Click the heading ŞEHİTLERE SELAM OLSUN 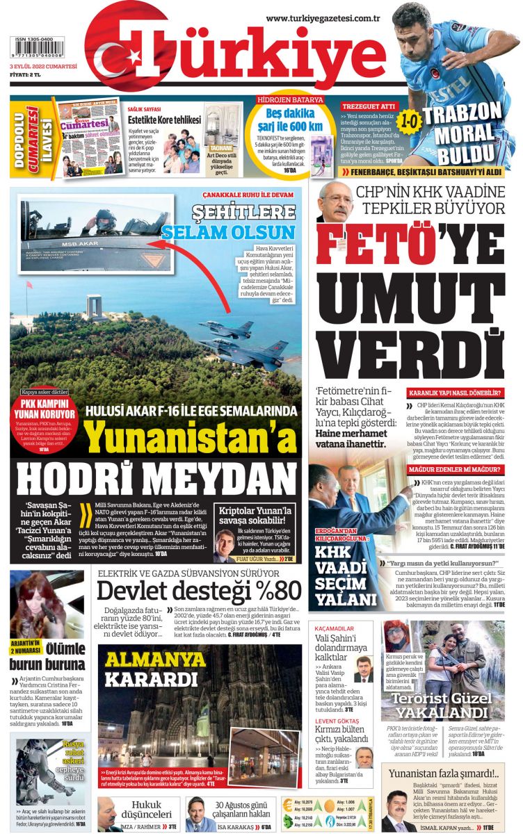[230, 222]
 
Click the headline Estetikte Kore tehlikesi [165, 120]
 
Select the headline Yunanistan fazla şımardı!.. [443, 774]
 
